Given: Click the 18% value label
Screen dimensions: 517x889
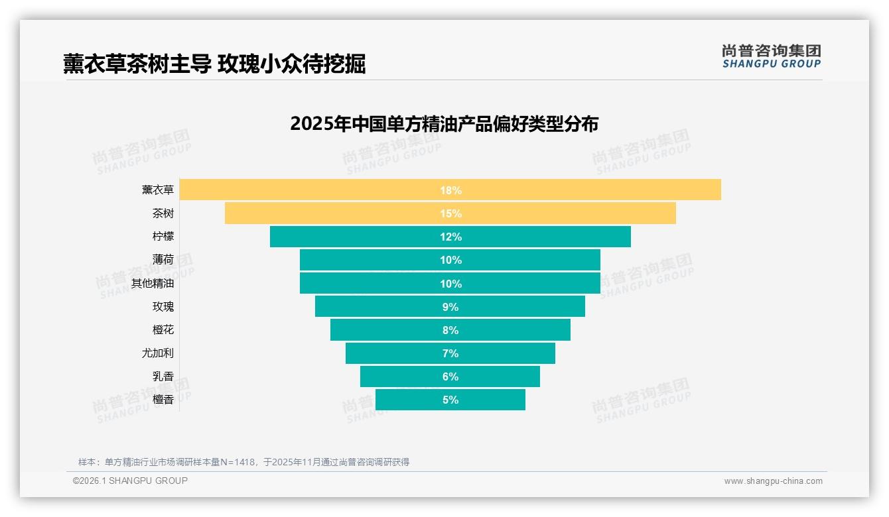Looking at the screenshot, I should pos(450,190).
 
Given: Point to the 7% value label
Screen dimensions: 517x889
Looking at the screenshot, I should pos(450,353).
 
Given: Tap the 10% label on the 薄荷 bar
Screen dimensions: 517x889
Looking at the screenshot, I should pos(450,260).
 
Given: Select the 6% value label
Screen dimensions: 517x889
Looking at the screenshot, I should pos(450,376).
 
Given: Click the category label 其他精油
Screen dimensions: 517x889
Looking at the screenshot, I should pos(152,284).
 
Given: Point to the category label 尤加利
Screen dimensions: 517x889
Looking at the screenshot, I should pos(157,353).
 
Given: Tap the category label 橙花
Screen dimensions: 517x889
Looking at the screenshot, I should pos(163,330).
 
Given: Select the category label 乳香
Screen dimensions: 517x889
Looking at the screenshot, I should pos(163,376).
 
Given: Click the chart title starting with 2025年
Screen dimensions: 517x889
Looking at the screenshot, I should pos(444,124).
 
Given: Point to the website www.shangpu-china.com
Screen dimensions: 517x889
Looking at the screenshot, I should pos(773,481).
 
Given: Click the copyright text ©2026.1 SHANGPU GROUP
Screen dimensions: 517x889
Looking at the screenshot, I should pos(130,481).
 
